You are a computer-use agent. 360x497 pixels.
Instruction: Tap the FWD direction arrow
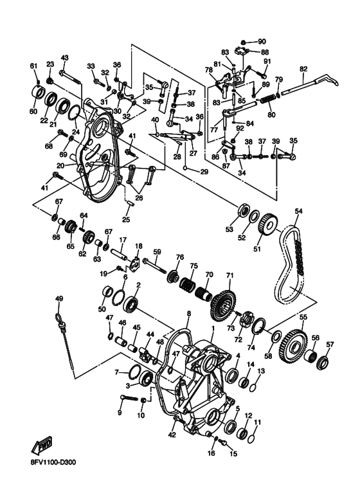pos(42,446)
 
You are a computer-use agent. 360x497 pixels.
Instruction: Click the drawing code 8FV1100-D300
pos(53,462)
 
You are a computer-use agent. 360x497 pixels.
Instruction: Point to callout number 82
pos(303,68)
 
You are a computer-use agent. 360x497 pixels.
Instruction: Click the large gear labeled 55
pos(293,347)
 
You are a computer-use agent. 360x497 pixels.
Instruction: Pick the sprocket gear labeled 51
pos(269,224)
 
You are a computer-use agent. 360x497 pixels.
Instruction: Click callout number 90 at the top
pos(262,42)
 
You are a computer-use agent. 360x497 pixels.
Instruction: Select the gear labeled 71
pos(224,305)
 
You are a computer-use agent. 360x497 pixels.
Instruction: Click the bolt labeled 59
pos(155,266)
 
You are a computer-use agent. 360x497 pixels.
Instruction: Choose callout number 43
pos(64,58)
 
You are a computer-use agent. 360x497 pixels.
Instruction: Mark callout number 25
pos(126,219)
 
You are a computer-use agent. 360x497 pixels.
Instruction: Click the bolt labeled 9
pos(129,397)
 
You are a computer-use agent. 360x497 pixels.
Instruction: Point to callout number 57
pos(330,345)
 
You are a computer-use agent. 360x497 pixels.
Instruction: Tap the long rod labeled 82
pos(310,84)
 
